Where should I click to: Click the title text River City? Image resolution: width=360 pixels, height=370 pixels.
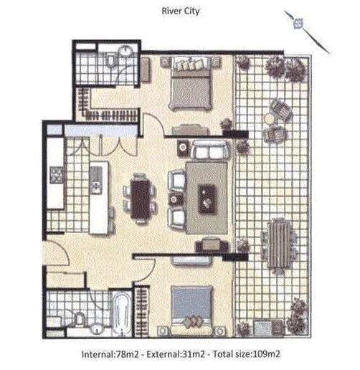pyautogui.click(x=181, y=11)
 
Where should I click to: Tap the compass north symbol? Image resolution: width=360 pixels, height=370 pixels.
pyautogui.click(x=298, y=23)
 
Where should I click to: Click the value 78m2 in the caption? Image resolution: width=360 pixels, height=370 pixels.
pyautogui.click(x=127, y=354)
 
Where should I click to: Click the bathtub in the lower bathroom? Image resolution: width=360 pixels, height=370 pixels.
pyautogui.click(x=122, y=313)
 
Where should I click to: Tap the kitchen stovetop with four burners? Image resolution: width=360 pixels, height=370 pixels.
pyautogui.click(x=57, y=175)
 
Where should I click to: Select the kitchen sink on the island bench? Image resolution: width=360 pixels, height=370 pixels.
pyautogui.click(x=96, y=180)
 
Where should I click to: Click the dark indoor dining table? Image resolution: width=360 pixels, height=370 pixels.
pyautogui.click(x=141, y=199)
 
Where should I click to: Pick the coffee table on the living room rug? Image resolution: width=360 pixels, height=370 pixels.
pyautogui.click(x=207, y=199)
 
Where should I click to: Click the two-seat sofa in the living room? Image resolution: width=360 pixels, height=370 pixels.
pyautogui.click(x=210, y=150)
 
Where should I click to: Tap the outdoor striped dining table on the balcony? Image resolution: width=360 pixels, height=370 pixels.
pyautogui.click(x=280, y=245)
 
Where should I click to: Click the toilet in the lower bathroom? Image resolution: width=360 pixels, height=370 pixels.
pyautogui.click(x=77, y=318)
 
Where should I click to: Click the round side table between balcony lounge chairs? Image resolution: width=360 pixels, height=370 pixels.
pyautogui.click(x=269, y=118)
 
